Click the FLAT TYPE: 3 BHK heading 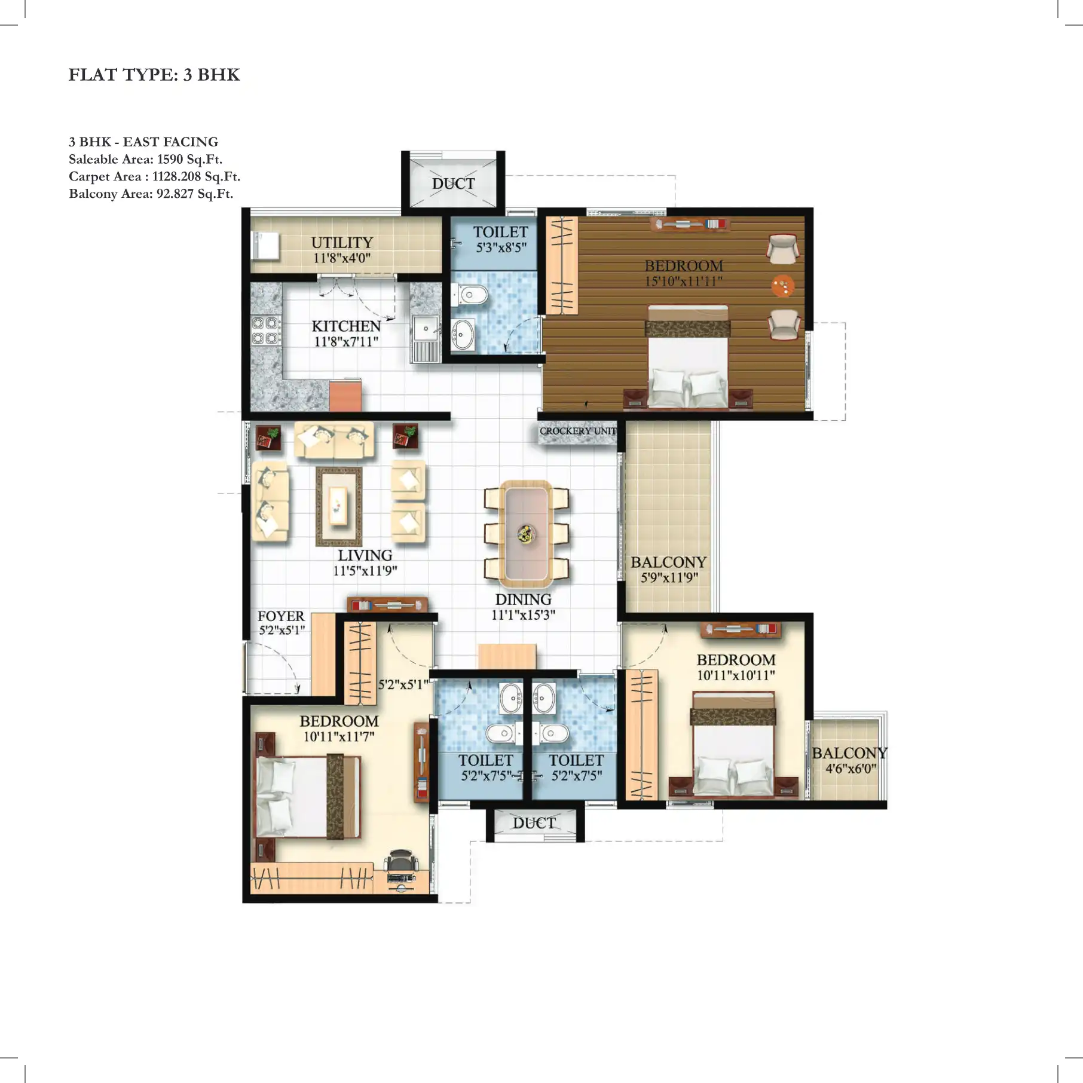click(154, 75)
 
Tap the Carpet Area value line click(154, 176)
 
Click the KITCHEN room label click(346, 326)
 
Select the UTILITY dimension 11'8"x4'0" click(342, 258)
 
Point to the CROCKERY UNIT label click(577, 431)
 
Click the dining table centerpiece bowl click(526, 533)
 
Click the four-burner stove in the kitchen click(265, 331)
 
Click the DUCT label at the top click(453, 184)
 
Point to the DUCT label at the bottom click(534, 823)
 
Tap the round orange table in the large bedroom click(782, 286)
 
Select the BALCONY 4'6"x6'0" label click(849, 760)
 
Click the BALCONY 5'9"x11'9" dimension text click(669, 577)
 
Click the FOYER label click(281, 616)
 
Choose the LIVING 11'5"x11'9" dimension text click(365, 571)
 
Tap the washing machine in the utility click(265, 246)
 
